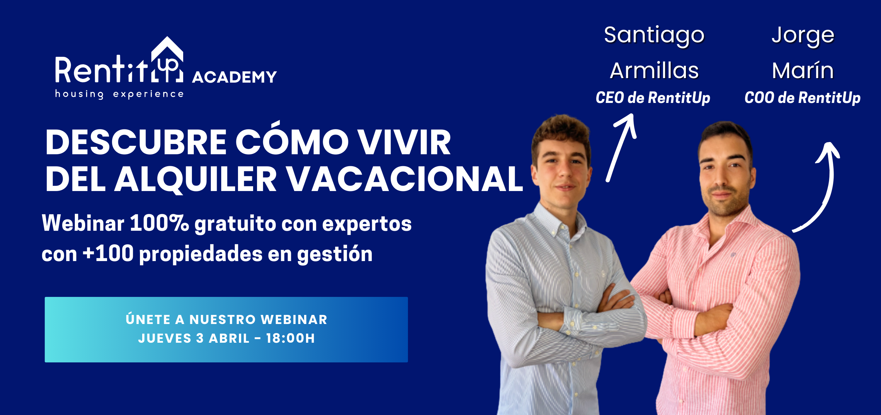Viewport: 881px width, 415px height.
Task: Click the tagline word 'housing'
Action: (79, 94)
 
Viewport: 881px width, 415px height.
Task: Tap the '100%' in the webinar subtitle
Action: (159, 223)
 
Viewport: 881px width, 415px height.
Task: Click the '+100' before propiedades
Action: (108, 254)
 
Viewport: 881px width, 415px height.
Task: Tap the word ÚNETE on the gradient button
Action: (148, 319)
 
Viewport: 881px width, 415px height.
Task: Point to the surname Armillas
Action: (654, 70)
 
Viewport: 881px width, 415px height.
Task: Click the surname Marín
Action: (802, 70)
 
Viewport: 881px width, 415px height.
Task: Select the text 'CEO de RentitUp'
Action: (653, 98)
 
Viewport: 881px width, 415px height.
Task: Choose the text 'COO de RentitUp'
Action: (802, 98)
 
